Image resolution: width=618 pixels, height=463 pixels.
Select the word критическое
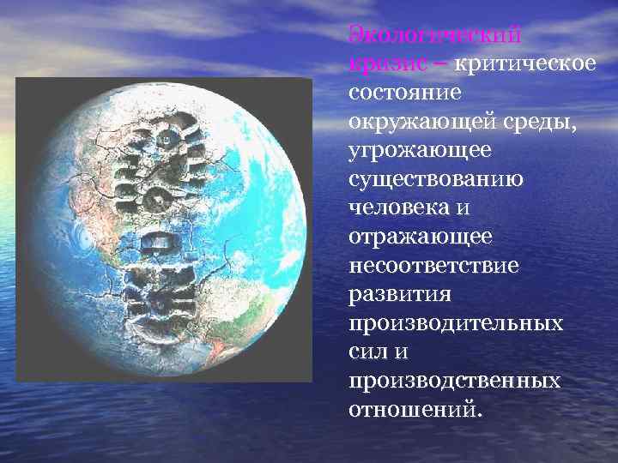coord(524,63)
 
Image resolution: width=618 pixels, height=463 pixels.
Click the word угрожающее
coord(419,150)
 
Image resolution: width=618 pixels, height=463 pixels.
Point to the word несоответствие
coord(433,265)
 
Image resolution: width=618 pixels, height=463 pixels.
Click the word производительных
coord(456,323)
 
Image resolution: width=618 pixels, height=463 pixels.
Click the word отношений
coord(410,409)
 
